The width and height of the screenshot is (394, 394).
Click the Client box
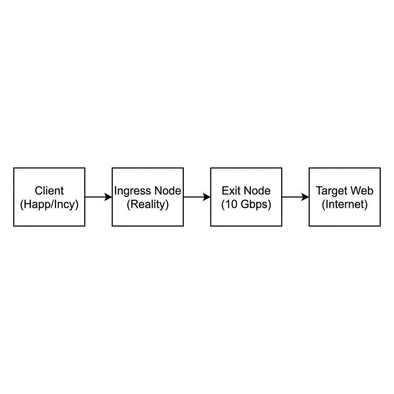(49, 197)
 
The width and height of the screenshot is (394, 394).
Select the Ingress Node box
(148, 197)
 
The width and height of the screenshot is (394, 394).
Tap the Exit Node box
(246, 197)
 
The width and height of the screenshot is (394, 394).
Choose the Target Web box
(345, 197)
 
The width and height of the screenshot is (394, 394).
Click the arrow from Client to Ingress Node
(98, 197)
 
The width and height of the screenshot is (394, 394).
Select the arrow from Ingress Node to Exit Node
(197, 197)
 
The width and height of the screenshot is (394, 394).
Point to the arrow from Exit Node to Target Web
(295, 197)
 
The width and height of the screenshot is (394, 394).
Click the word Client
(49, 191)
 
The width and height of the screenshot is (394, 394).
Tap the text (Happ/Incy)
(49, 204)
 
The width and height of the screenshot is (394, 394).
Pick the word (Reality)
(148, 204)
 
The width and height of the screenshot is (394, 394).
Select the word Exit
(230, 191)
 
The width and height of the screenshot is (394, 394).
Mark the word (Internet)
(345, 204)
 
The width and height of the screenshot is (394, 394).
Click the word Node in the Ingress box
(168, 191)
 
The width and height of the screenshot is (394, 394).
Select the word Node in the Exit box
(256, 191)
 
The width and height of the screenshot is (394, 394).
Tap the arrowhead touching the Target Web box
(305, 197)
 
